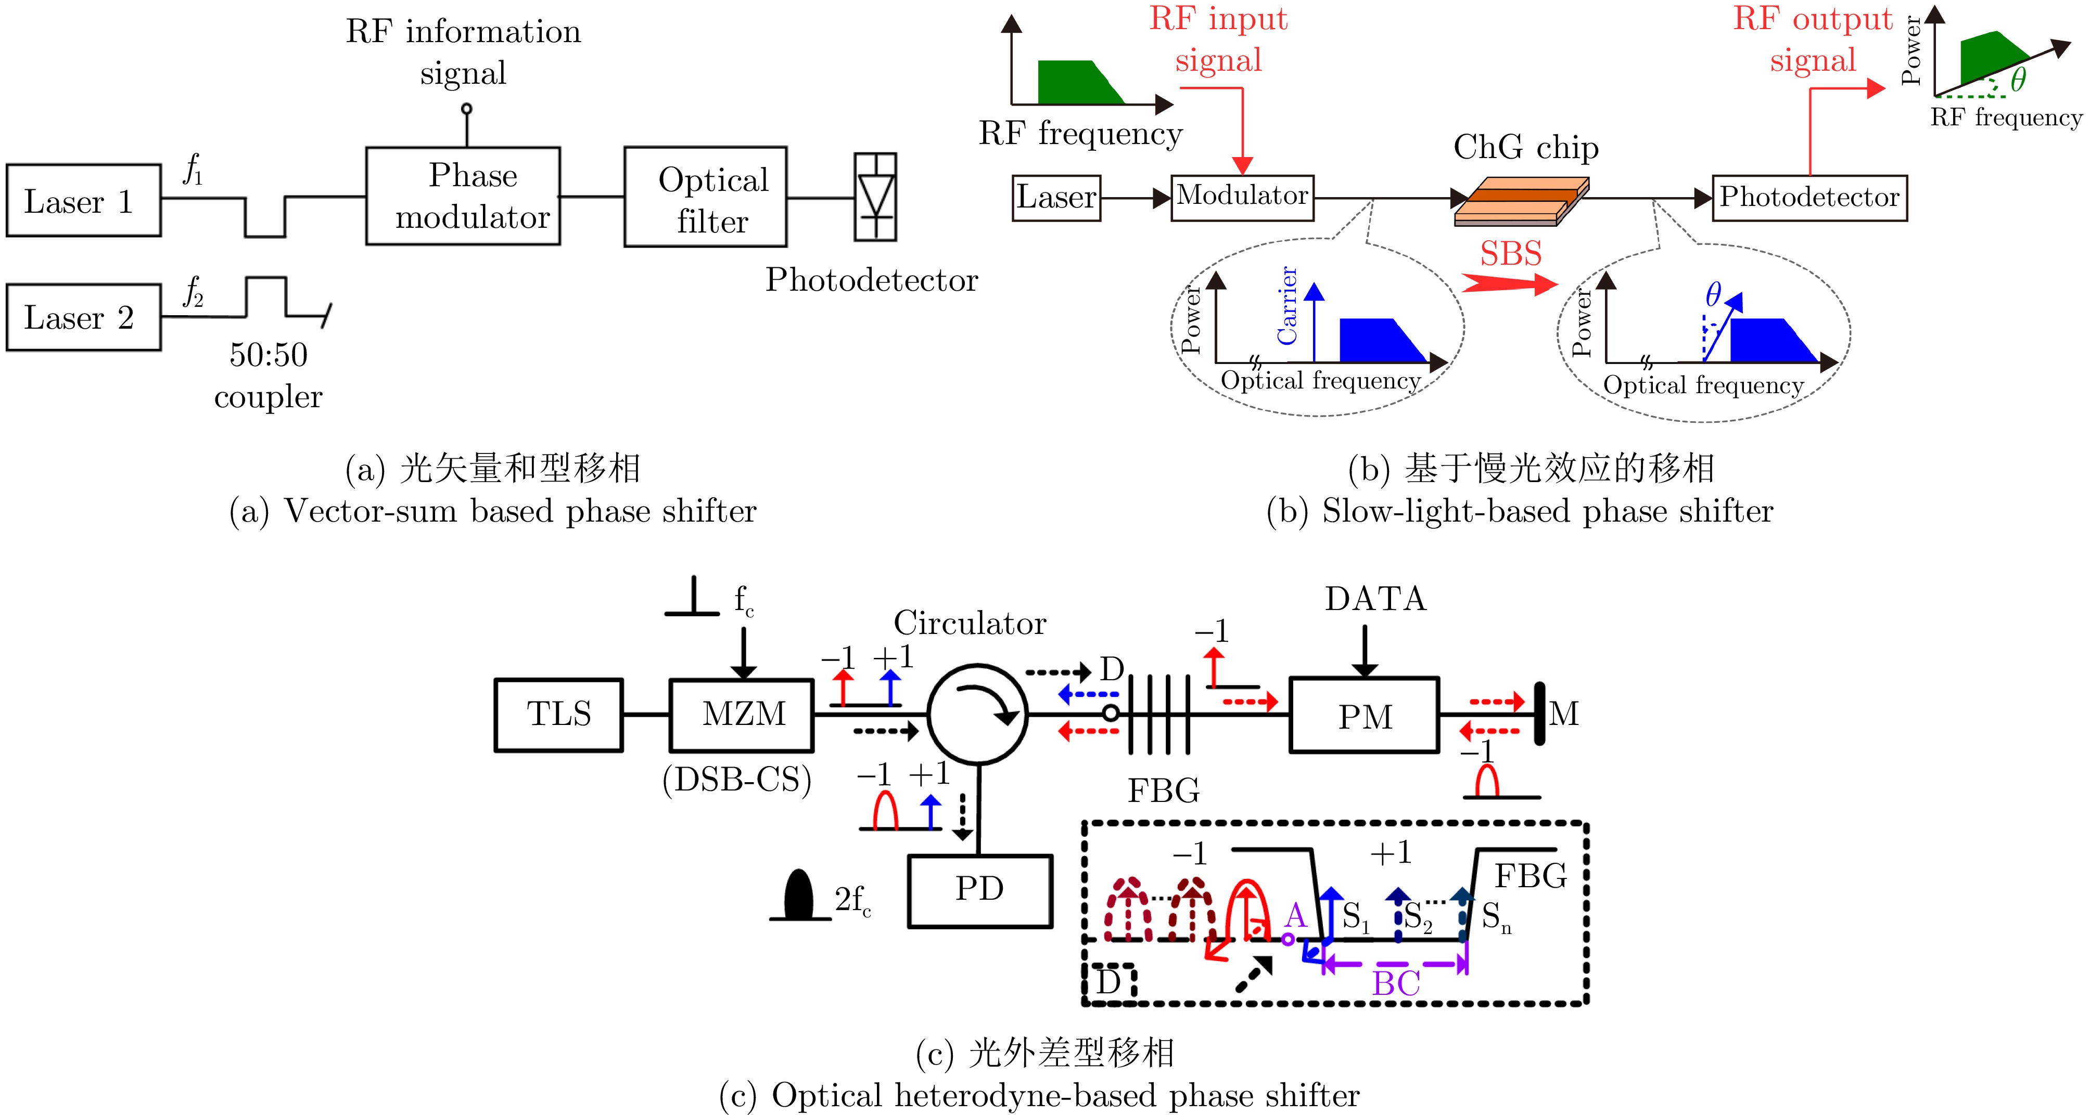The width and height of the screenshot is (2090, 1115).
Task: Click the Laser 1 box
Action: tap(84, 200)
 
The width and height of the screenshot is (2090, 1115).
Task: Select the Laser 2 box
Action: tap(84, 317)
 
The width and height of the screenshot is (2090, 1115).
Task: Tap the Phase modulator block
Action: tap(463, 196)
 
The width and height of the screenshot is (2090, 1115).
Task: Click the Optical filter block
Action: tap(705, 197)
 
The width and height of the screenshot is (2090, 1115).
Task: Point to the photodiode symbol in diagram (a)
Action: tap(875, 197)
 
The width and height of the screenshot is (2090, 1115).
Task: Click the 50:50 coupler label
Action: tap(269, 375)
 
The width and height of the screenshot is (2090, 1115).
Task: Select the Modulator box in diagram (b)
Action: tap(1242, 197)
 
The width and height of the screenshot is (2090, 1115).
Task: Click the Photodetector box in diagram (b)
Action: tap(1809, 198)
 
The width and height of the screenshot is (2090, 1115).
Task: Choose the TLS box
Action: tap(559, 715)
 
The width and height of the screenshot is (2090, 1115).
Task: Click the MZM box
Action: tap(742, 715)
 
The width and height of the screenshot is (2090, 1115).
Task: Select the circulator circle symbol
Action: tap(978, 714)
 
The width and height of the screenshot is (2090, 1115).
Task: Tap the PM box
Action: tap(1365, 716)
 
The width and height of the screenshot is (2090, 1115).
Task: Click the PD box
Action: tap(980, 890)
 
